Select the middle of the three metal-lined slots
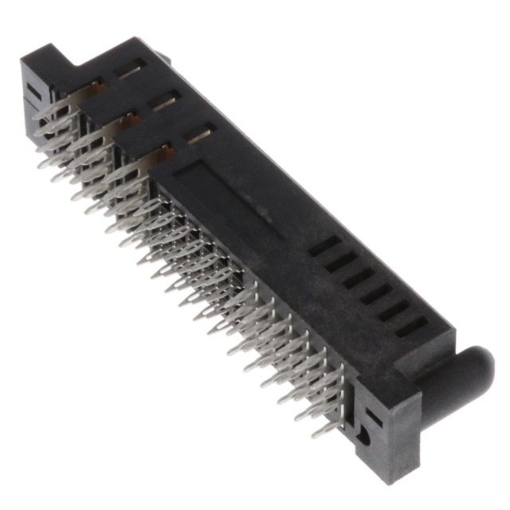click(165, 101)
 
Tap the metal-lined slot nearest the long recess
click(199, 135)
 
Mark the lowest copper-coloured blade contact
click(163, 153)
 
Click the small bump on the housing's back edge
click(160, 57)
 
